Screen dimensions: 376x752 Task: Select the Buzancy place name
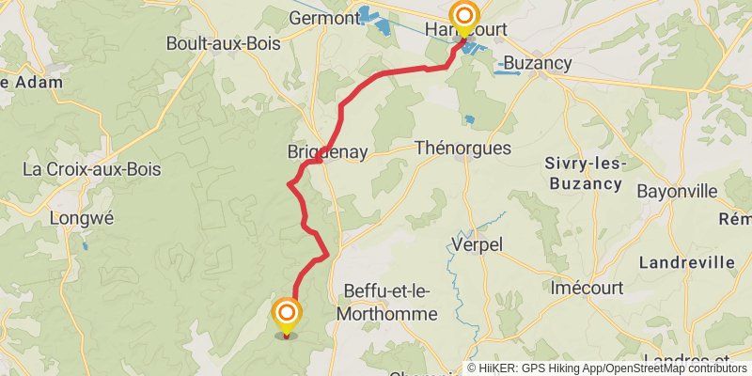coord(538,63)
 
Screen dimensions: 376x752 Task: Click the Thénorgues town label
coord(462,149)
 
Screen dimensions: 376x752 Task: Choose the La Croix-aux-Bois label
coord(91,170)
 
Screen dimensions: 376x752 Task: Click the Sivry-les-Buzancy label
coord(583,172)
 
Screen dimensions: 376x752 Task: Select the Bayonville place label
coord(677,190)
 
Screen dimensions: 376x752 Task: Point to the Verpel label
coord(478,244)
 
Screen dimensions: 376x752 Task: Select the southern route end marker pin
coord(287,315)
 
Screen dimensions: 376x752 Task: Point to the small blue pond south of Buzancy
coord(468,119)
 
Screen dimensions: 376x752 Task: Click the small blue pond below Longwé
coord(85,246)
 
